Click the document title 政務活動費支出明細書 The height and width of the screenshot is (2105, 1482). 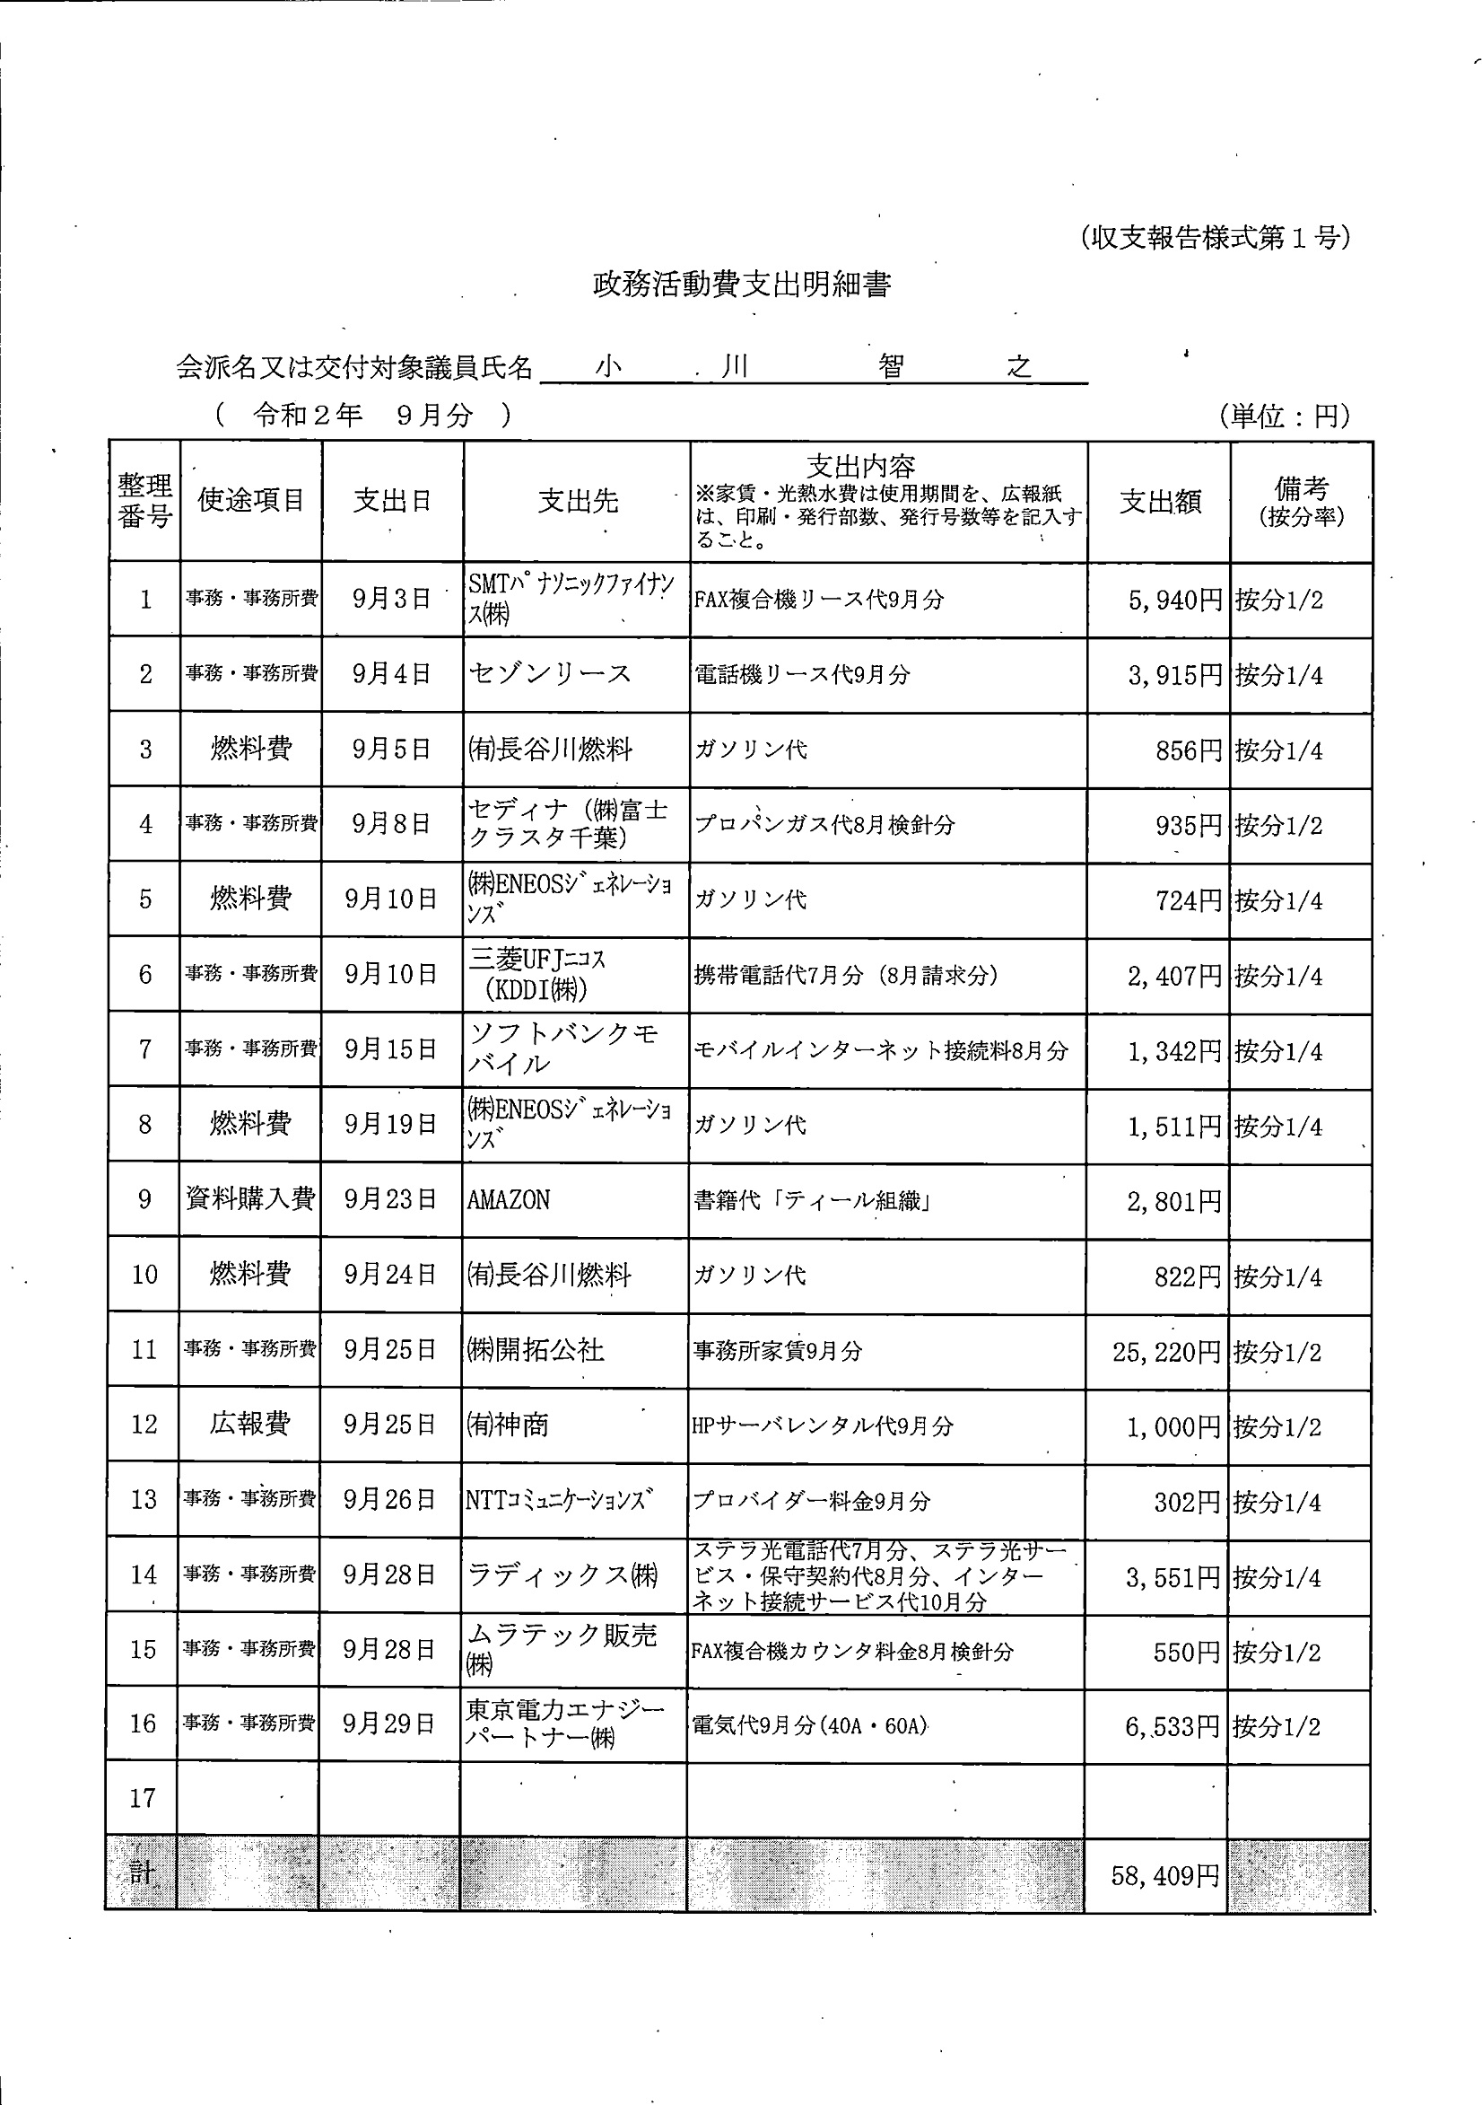pyautogui.click(x=742, y=285)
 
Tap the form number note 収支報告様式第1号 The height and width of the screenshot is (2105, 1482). pyautogui.click(x=1215, y=239)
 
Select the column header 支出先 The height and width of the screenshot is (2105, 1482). pyautogui.click(x=578, y=501)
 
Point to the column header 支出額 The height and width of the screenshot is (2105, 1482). pyautogui.click(x=1159, y=502)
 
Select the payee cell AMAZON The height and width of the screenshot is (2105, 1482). pyautogui.click(x=509, y=1200)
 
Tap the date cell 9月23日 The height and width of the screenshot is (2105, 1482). pyautogui.click(x=389, y=1199)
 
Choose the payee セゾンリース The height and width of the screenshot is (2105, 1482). pyautogui.click(x=550, y=674)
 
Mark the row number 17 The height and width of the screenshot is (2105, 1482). pyautogui.click(x=143, y=1798)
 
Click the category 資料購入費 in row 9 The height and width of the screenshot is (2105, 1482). pyautogui.click(x=250, y=1199)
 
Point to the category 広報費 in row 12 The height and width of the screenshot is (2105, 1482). pyautogui.click(x=249, y=1424)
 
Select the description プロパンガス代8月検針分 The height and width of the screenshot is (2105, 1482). pyautogui.click(x=824, y=824)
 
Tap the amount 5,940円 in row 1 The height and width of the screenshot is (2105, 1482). pyautogui.click(x=1176, y=601)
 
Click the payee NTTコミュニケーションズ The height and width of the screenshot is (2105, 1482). pyautogui.click(x=559, y=1500)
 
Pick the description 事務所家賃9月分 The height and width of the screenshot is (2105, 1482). pyautogui.click(x=777, y=1350)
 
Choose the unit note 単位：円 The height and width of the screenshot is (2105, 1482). pyautogui.click(x=1285, y=417)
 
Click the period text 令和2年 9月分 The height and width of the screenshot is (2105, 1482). pyautogui.click(x=362, y=416)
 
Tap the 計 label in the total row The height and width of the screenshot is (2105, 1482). pyautogui.click(x=142, y=1873)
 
